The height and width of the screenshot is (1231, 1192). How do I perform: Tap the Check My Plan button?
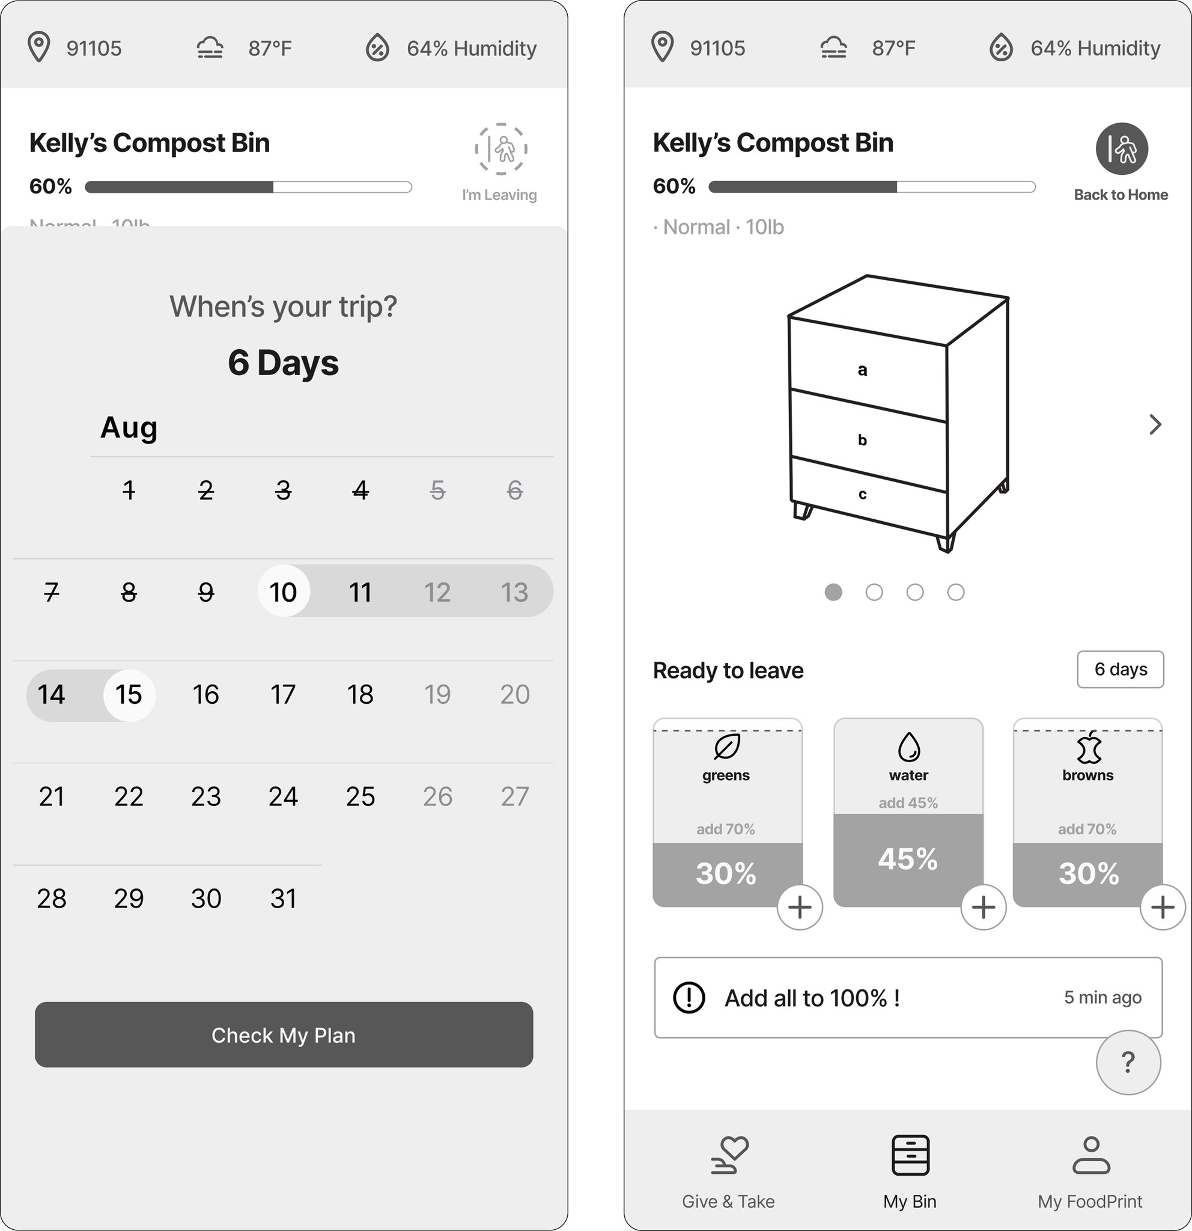pyautogui.click(x=284, y=1034)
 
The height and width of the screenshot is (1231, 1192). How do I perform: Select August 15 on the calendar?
pyautogui.click(x=129, y=695)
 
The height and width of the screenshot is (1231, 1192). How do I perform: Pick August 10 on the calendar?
pyautogui.click(x=284, y=591)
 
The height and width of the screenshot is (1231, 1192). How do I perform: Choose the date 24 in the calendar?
pyautogui.click(x=283, y=796)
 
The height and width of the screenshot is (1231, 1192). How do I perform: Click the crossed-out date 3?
pyautogui.click(x=283, y=490)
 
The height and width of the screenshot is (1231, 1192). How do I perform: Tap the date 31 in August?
pyautogui.click(x=283, y=898)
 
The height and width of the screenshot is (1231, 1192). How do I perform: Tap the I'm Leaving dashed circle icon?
pyautogui.click(x=501, y=149)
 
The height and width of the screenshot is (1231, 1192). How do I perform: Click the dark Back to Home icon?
pyautogui.click(x=1122, y=149)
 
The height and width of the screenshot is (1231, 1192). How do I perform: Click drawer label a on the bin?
pyautogui.click(x=863, y=370)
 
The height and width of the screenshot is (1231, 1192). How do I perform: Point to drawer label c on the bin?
pyautogui.click(x=863, y=494)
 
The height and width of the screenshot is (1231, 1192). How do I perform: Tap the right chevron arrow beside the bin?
pyautogui.click(x=1155, y=424)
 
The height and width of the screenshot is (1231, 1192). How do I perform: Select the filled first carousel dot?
pyautogui.click(x=833, y=592)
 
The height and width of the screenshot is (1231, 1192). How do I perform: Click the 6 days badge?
pyautogui.click(x=1121, y=670)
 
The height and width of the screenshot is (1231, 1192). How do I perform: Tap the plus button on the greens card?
pyautogui.click(x=800, y=907)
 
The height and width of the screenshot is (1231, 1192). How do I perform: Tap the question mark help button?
pyautogui.click(x=1128, y=1062)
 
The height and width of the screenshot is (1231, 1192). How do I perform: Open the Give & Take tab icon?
pyautogui.click(x=729, y=1155)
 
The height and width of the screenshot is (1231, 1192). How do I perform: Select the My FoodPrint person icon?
pyautogui.click(x=1091, y=1155)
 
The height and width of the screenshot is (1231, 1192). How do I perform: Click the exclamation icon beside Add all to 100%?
pyautogui.click(x=689, y=997)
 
